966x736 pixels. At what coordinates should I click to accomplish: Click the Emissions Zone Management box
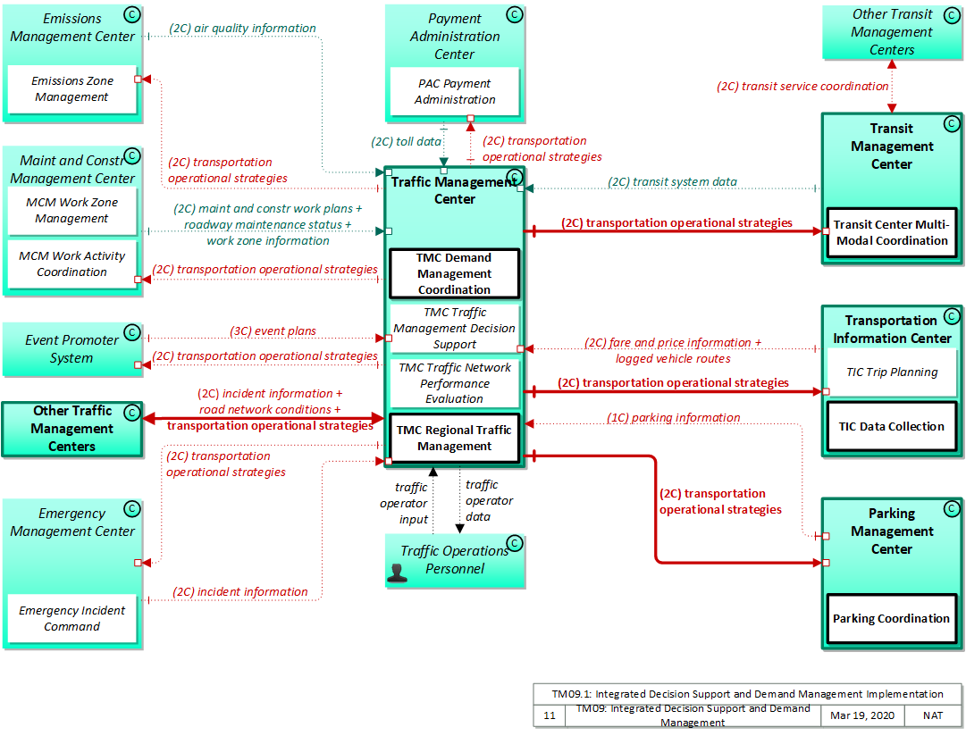72,89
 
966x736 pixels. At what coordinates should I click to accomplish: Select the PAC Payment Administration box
455,92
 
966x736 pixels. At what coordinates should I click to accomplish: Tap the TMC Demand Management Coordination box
455,273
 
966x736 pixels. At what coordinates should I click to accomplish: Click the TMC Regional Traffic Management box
455,438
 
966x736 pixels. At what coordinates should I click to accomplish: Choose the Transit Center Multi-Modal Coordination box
891,232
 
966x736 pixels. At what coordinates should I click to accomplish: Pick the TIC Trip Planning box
891,372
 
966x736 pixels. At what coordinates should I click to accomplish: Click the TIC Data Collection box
891,427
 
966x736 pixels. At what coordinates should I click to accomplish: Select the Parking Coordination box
891,618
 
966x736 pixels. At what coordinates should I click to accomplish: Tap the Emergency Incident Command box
72,618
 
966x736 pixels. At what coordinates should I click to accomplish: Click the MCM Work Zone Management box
72,211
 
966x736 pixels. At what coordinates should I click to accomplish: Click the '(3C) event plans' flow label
273,330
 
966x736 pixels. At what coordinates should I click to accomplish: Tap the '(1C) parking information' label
674,417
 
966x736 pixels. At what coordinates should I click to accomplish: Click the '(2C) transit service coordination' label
802,87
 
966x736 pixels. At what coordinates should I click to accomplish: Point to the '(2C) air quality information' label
242,29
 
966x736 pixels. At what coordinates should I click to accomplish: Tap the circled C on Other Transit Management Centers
950,13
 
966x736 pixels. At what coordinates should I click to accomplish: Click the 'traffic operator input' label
410,503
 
